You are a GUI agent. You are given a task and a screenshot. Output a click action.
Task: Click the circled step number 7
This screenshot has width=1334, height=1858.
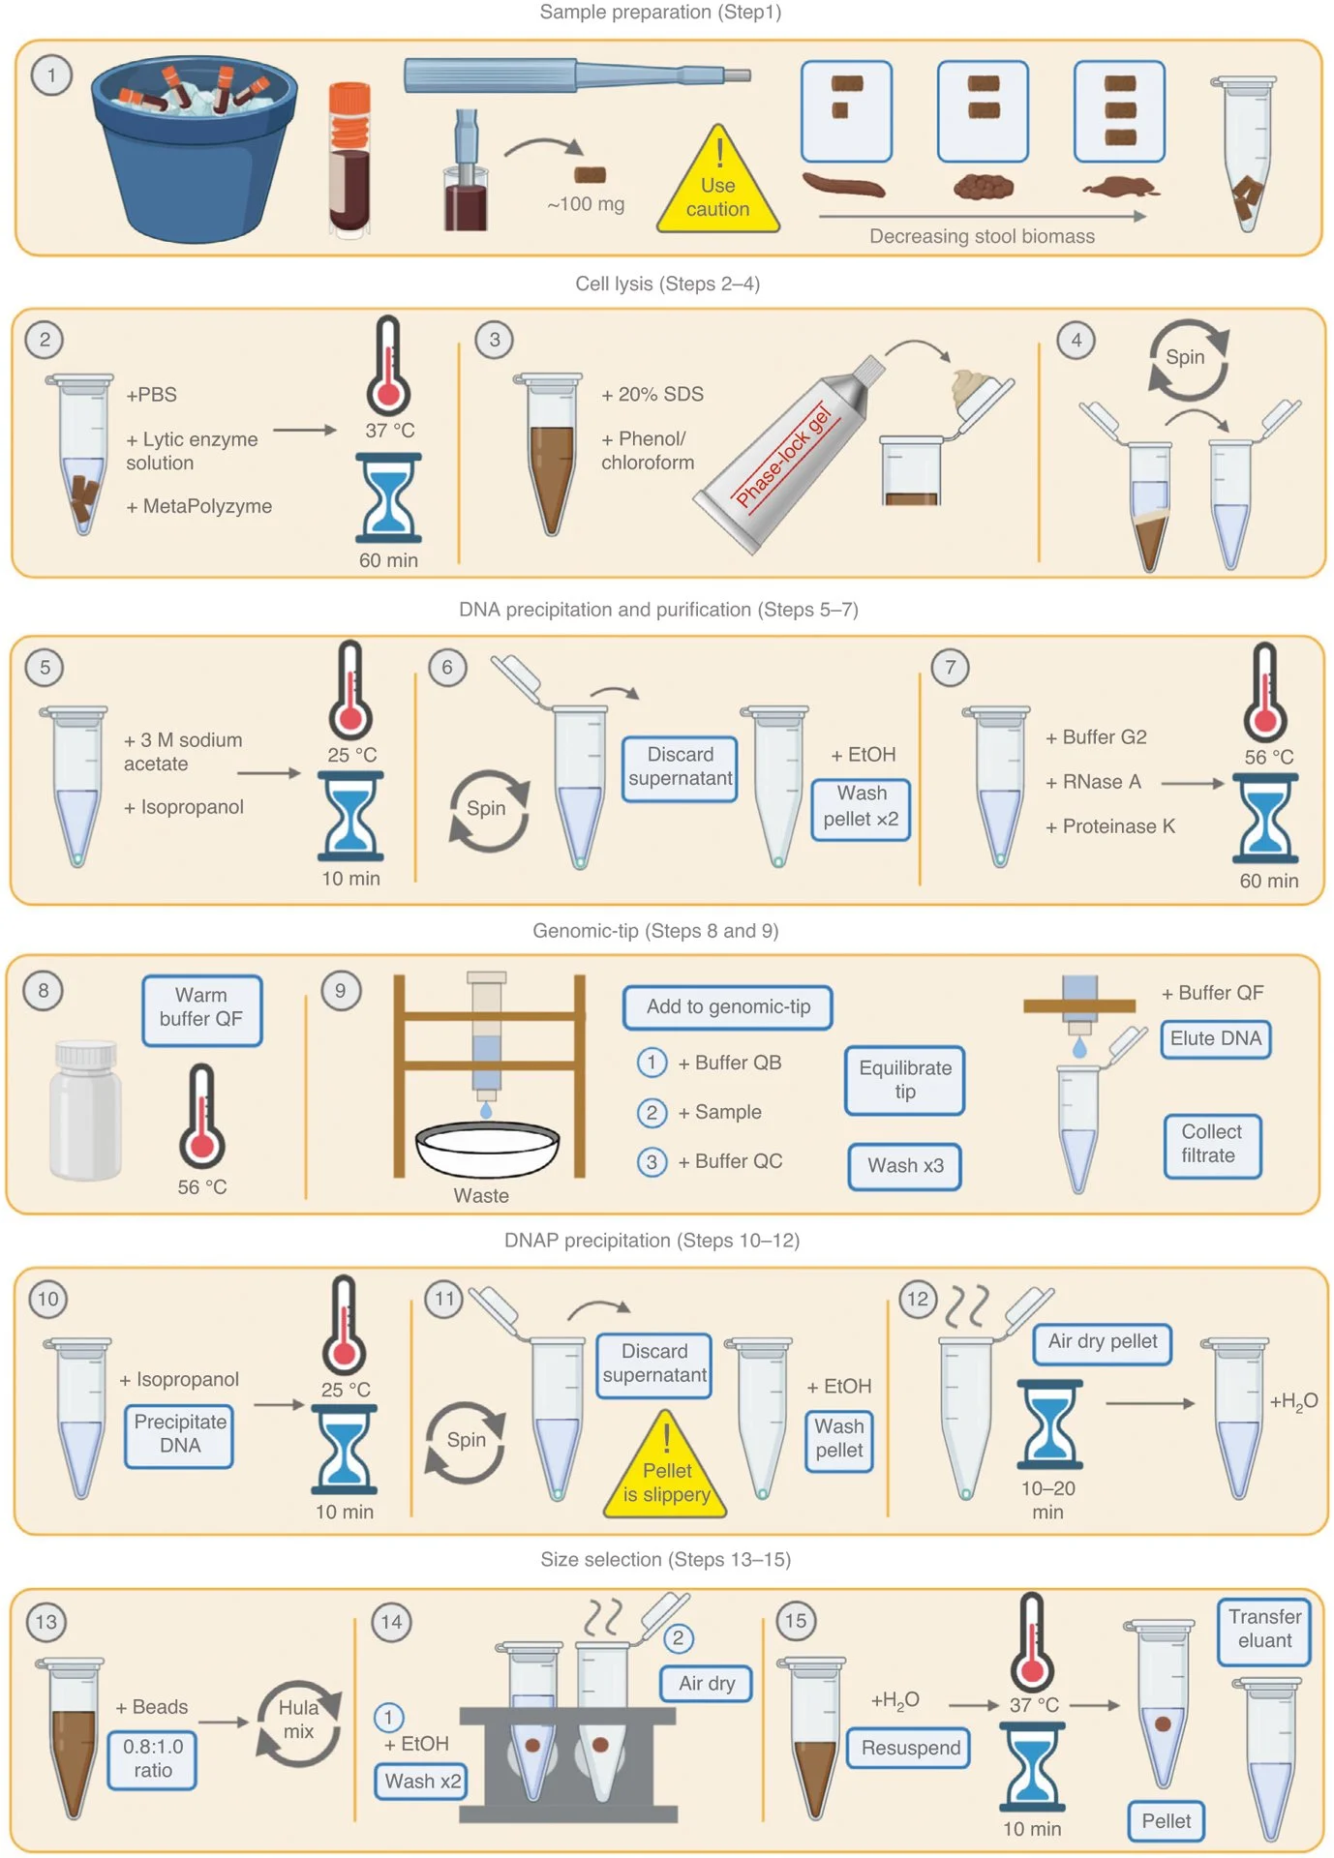[x=950, y=667]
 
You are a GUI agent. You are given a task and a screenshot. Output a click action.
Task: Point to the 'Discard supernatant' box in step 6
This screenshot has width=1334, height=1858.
[x=680, y=767]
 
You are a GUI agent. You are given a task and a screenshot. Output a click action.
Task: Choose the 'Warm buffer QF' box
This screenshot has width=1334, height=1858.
[x=201, y=1008]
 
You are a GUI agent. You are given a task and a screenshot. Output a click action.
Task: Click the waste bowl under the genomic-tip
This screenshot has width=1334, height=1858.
[x=487, y=1148]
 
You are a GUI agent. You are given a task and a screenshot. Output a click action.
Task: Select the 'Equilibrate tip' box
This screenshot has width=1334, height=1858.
[x=905, y=1080]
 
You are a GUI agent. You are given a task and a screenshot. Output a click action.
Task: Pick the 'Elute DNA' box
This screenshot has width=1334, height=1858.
[x=1215, y=1038]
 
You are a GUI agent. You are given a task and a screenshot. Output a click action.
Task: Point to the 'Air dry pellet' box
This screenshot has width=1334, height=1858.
[x=1102, y=1342]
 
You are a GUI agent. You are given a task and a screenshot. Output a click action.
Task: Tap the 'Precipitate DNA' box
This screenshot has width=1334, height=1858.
[x=180, y=1434]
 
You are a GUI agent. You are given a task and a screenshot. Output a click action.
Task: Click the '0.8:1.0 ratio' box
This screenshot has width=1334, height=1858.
[x=153, y=1758]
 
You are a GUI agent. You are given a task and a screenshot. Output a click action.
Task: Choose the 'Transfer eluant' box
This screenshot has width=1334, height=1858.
[x=1264, y=1630]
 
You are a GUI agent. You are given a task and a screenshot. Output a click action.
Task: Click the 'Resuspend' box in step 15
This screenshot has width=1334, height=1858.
[x=910, y=1749]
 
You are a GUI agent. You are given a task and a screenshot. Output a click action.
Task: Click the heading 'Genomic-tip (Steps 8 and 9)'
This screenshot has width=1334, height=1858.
[x=655, y=931]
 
